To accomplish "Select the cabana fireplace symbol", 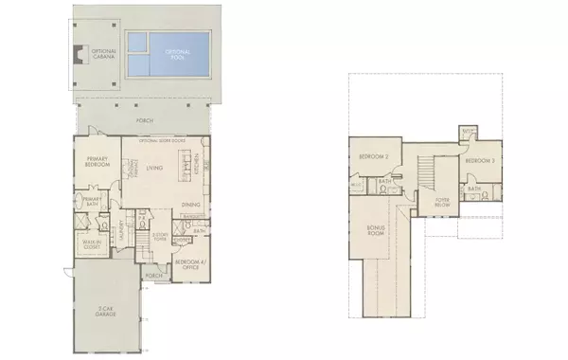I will (x=75, y=53).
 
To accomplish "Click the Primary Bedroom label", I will (x=98, y=162).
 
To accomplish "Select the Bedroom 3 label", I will (x=480, y=158).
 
